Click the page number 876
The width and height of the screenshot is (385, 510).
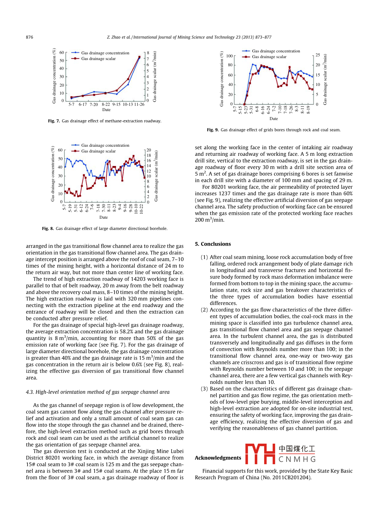tap(29, 37)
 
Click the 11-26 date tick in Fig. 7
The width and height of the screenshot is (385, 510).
tap(139, 104)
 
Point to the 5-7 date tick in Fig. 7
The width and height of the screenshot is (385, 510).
tap(71, 104)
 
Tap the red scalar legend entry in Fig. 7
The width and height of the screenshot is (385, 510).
tap(98, 59)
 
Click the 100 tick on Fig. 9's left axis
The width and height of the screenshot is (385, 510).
tap(229, 56)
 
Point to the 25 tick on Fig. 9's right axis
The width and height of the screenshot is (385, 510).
tap(318, 55)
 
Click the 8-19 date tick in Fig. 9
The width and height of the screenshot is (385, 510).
tap(308, 110)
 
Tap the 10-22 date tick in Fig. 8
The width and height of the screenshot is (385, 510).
tap(141, 209)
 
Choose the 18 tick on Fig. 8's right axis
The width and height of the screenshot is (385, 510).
tap(149, 155)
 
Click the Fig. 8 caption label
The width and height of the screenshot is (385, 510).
tap(48, 228)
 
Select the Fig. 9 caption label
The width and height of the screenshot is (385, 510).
tap(213, 130)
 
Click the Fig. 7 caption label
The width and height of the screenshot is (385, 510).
tap(54, 121)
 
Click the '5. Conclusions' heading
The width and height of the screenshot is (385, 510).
tap(213, 244)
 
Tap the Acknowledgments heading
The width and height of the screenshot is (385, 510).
tap(218, 458)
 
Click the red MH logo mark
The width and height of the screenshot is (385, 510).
tap(260, 453)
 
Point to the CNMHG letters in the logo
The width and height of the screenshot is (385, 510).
tap(297, 459)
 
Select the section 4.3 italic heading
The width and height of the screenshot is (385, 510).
tap(98, 392)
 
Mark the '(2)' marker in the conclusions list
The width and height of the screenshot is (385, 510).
tap(204, 310)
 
